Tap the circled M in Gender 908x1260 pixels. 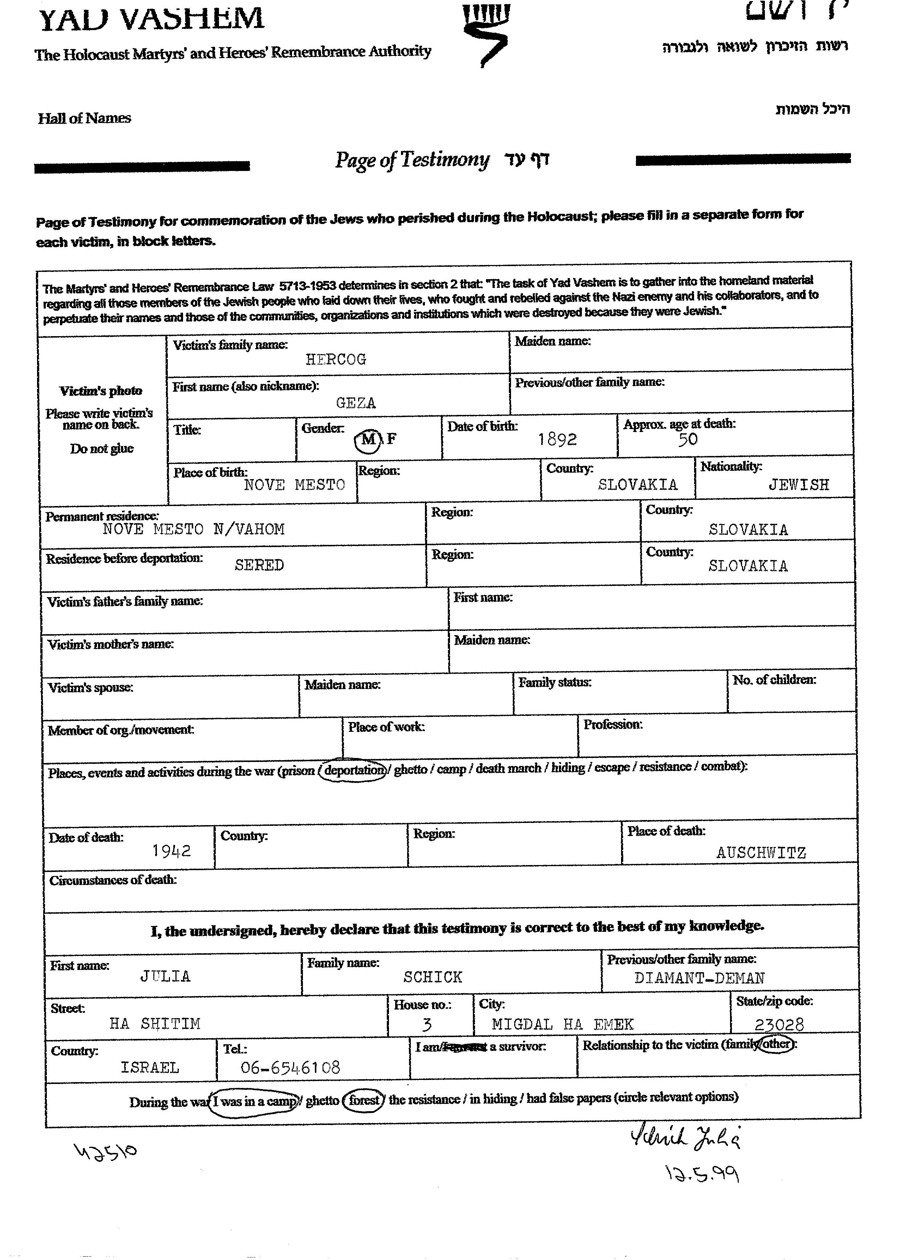(x=368, y=440)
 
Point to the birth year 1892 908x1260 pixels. (x=558, y=440)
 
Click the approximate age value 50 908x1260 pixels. (x=688, y=440)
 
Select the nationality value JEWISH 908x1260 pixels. (x=799, y=485)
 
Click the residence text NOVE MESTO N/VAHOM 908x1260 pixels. (x=193, y=529)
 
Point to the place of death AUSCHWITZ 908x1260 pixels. (x=761, y=853)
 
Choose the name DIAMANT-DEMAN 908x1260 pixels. (x=699, y=978)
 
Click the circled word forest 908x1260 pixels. (x=364, y=1100)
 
